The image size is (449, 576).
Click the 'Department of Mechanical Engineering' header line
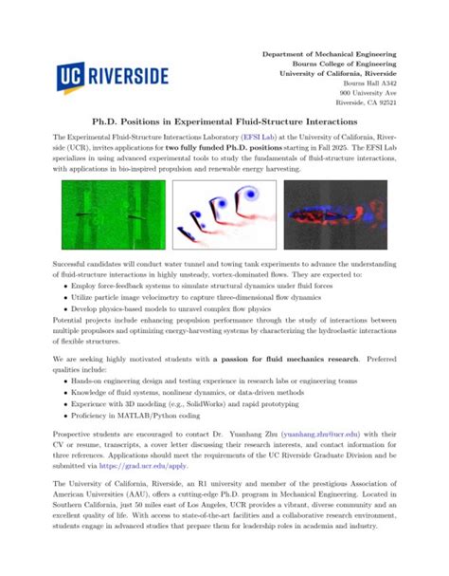click(x=330, y=54)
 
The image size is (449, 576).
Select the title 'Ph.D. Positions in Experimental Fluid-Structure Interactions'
click(x=224, y=122)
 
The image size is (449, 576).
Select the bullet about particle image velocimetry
click(x=189, y=296)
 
